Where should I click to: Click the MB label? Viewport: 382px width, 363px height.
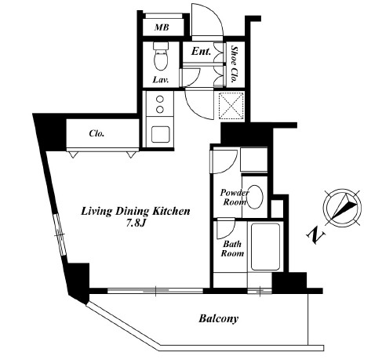pos(162,27)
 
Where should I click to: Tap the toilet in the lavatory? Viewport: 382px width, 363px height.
pos(161,56)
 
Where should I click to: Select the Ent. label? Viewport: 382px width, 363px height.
pos(201,51)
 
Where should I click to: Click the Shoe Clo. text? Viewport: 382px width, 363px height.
pos(235,64)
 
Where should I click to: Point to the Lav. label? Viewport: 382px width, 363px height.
pos(161,80)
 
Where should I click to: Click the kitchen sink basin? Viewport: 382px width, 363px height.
pos(161,134)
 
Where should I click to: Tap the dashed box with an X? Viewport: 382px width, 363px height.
pos(231,106)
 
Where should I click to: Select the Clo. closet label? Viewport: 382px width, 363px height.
pos(96,133)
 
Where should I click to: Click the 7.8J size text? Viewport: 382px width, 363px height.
pos(135,223)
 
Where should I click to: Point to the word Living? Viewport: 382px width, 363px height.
pos(97,211)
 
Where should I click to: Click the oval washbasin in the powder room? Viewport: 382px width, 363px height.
pos(255,197)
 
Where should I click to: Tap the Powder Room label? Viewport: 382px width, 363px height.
pos(235,198)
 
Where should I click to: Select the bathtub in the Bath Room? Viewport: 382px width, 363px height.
pos(265,247)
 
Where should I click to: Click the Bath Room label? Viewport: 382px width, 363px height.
pos(232,249)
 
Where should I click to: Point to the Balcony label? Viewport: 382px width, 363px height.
pos(219,318)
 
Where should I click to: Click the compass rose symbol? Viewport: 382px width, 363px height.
pos(342,208)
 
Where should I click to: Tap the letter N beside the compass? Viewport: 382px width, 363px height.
pos(315,234)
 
